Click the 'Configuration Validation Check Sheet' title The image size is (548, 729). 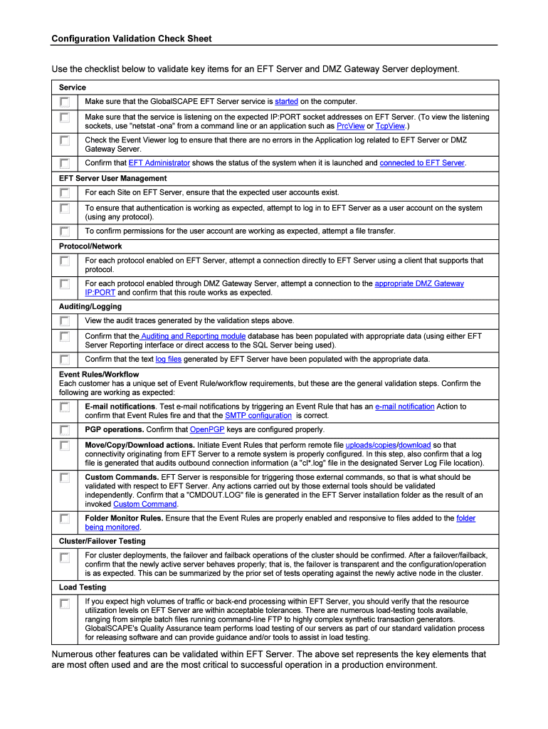pyautogui.click(x=131, y=38)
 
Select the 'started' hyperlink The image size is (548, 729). pyautogui.click(x=286, y=102)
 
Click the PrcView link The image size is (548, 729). pyautogui.click(x=349, y=126)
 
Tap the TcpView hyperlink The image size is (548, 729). pyautogui.click(x=389, y=126)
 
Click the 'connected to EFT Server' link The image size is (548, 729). pyautogui.click(x=421, y=163)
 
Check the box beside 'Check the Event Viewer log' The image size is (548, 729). pyautogui.click(x=65, y=141)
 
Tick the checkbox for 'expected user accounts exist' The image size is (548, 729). pyautogui.click(x=65, y=193)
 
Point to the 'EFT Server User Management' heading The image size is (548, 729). pyautogui.click(x=112, y=178)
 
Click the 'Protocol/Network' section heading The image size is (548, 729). pyautogui.click(x=90, y=246)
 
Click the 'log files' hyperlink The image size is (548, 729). pyautogui.click(x=168, y=359)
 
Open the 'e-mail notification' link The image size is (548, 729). pyautogui.click(x=404, y=407)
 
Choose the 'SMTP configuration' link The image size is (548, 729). pyautogui.click(x=258, y=416)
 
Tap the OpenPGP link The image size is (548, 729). pyautogui.click(x=208, y=430)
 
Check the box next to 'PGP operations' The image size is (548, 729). pyautogui.click(x=65, y=430)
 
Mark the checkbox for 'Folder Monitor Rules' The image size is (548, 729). pyautogui.click(x=65, y=519)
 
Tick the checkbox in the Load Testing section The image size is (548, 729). pyautogui.click(x=65, y=604)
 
